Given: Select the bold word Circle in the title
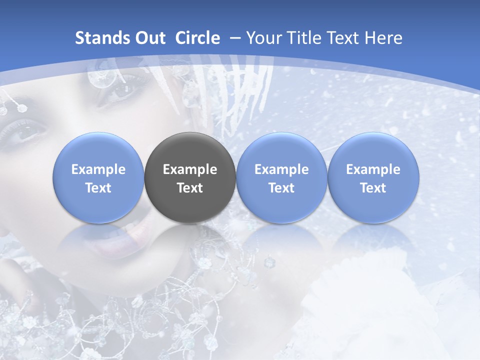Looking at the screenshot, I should [x=197, y=38].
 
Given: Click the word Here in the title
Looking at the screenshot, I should [x=383, y=38].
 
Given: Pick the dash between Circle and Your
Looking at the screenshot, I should [x=233, y=38].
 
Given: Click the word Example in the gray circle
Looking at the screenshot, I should [x=190, y=169].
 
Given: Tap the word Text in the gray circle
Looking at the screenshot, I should [x=190, y=188].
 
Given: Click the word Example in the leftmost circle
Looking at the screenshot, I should [x=98, y=169].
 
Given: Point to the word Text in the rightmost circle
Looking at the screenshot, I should [x=373, y=188].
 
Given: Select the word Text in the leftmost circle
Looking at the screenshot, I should [x=98, y=188].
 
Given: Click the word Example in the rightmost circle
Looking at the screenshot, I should [x=373, y=169].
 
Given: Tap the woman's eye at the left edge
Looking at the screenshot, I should [x=27, y=132].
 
